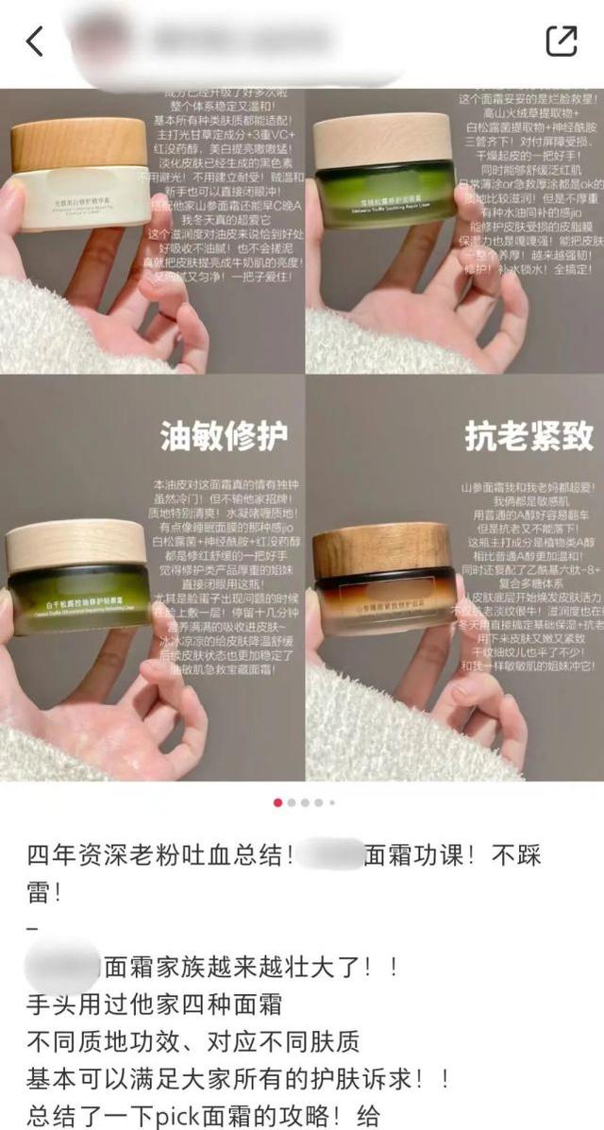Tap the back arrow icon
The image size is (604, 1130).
[35, 41]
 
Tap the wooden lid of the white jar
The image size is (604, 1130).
[79, 143]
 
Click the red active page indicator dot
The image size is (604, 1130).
[277, 802]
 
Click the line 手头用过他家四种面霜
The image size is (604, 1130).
[151, 1005]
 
